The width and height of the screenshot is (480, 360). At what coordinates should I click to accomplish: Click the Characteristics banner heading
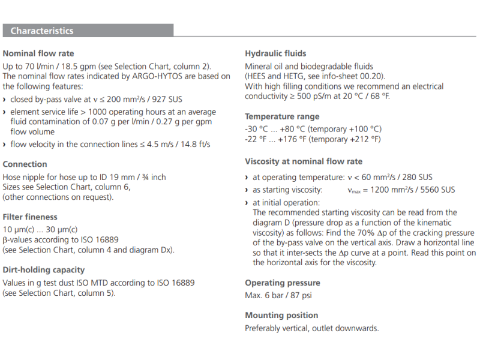(42, 31)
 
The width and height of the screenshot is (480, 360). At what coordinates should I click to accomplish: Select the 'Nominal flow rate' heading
(38, 53)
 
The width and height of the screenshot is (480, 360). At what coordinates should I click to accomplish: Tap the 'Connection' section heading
(25, 164)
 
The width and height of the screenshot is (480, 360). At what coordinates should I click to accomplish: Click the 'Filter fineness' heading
(30, 217)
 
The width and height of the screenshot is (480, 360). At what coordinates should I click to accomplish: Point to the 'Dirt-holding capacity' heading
(44, 270)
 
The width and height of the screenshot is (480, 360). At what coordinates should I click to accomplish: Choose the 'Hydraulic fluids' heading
(275, 53)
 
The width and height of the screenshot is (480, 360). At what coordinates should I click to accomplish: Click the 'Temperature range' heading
(282, 116)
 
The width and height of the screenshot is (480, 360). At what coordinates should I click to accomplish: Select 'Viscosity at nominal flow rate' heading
(304, 161)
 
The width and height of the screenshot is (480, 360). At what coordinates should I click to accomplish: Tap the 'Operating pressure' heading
(283, 283)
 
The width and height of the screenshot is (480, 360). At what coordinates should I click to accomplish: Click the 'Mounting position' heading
(281, 315)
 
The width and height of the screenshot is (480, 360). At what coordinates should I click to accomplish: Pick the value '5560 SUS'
(437, 190)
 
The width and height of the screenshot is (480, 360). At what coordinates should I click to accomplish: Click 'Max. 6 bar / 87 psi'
(278, 295)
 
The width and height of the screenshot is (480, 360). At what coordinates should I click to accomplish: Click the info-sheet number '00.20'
(373, 76)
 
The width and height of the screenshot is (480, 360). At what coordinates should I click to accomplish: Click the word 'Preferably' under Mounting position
(264, 328)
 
